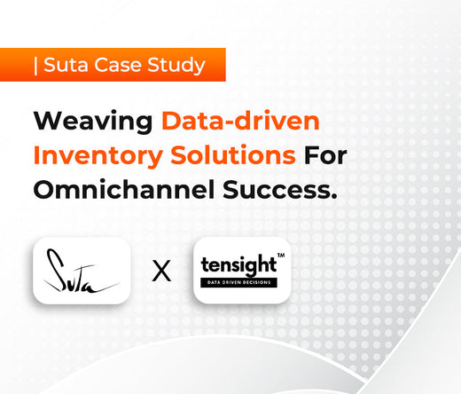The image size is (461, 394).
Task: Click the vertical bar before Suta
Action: [x=34, y=65]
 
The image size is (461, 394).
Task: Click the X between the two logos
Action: [x=161, y=272]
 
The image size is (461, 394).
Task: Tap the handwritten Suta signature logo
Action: [x=82, y=271]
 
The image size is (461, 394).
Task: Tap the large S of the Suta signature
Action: [x=55, y=267]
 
